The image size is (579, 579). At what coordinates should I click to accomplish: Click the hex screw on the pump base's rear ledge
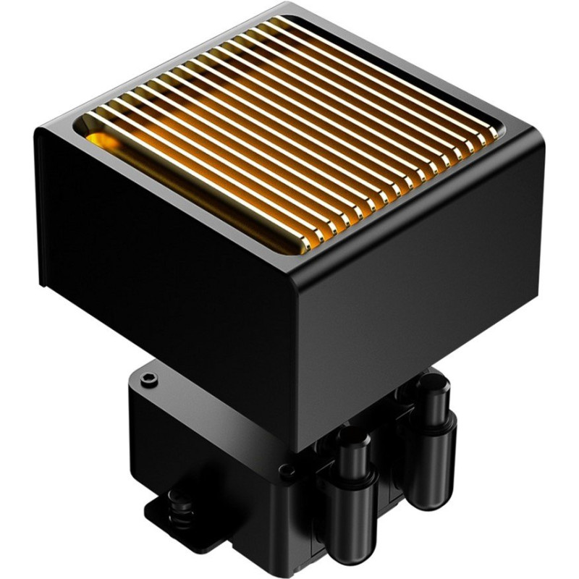click(150, 379)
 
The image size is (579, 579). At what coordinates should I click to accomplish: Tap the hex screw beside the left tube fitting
click(289, 472)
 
